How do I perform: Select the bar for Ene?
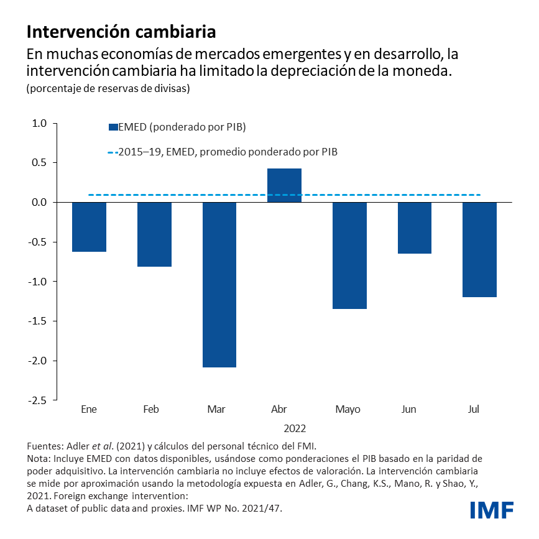(89, 227)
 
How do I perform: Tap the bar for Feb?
(154, 234)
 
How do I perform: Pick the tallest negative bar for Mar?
(219, 284)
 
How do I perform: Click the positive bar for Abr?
(284, 185)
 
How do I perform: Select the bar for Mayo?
(349, 256)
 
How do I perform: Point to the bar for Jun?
(415, 228)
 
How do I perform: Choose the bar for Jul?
(479, 249)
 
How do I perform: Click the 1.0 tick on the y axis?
(39, 123)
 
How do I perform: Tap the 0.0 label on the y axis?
(39, 203)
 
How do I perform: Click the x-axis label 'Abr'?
(279, 410)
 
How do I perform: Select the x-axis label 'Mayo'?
(347, 410)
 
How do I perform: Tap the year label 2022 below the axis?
(295, 428)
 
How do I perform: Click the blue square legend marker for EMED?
(113, 127)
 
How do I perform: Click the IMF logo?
(492, 510)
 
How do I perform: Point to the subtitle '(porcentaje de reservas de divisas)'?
(108, 88)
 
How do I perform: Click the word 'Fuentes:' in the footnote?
(45, 446)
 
